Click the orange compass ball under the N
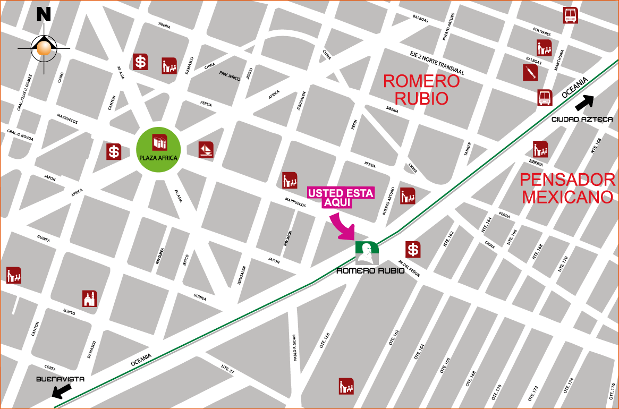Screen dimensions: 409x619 (44, 48)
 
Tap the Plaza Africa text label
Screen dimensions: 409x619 (158, 158)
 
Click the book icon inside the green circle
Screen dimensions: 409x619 (159, 142)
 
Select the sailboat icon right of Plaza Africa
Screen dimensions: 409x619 (206, 150)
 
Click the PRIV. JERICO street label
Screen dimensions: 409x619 (230, 76)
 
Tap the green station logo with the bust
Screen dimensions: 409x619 (367, 252)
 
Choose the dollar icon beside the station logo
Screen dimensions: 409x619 (413, 249)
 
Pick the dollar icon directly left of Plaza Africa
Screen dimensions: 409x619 (114, 151)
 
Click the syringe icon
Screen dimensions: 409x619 (530, 72)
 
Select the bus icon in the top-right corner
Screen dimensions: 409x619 (571, 15)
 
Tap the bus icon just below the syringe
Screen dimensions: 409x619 (545, 98)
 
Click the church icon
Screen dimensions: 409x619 (90, 299)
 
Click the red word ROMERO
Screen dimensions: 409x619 (421, 81)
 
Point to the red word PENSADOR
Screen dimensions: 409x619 (567, 180)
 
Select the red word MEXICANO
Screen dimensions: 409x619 (567, 197)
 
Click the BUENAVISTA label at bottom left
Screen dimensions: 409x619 (54, 379)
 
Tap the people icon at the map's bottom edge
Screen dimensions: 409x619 (346, 386)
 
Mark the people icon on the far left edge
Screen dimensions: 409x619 (14, 275)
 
